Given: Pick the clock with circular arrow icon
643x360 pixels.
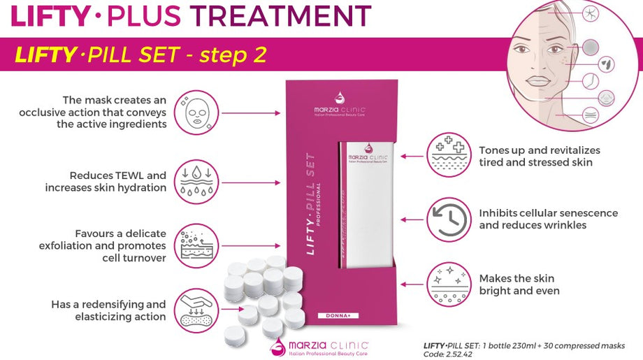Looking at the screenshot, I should (449, 219).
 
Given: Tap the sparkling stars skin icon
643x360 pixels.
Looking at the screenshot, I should (449, 284).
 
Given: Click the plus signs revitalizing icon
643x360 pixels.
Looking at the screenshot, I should (449, 155).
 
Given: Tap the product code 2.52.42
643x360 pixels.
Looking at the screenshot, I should (458, 354).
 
